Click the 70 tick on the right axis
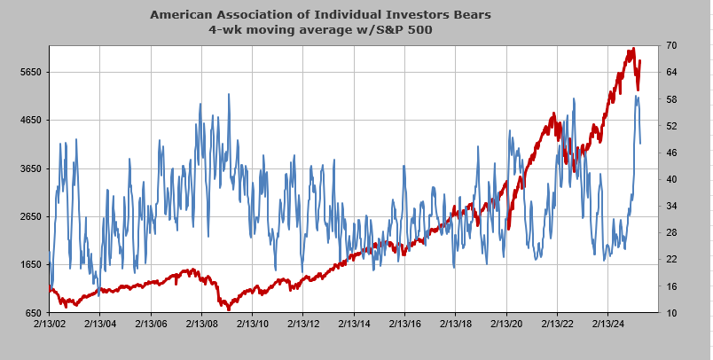tap(672, 45)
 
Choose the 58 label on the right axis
tap(672, 98)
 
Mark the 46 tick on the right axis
tap(672, 153)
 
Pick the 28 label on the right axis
tap(672, 232)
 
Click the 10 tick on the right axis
tap(672, 313)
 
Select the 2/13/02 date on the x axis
tap(48, 325)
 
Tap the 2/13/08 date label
tap(201, 325)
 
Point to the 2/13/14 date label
tap(354, 325)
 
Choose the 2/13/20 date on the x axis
tap(506, 325)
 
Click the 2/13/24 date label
tap(608, 325)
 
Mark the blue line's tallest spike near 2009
tap(229, 94)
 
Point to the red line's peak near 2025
tap(632, 49)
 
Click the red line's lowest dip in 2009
tap(228, 309)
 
